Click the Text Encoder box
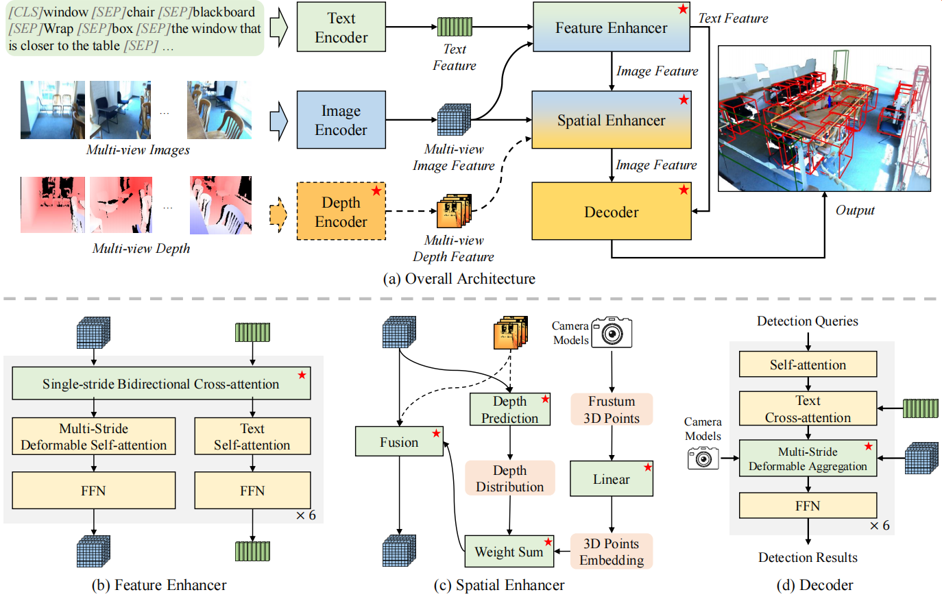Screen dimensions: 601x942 click(341, 27)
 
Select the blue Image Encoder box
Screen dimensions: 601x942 click(341, 120)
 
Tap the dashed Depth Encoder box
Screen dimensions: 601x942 click(341, 212)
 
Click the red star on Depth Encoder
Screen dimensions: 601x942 click(376, 191)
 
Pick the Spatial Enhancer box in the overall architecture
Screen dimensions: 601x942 click(611, 120)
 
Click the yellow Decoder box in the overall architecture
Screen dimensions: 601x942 click(611, 212)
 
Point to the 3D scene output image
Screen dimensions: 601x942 click(824, 119)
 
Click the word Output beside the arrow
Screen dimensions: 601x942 click(854, 210)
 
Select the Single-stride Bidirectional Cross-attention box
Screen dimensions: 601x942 click(161, 384)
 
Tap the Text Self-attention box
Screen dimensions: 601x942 click(252, 437)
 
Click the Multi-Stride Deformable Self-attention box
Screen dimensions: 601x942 click(94, 437)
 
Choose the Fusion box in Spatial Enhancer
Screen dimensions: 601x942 click(399, 442)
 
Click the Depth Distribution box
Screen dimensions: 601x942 click(509, 478)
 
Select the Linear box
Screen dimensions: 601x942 click(611, 479)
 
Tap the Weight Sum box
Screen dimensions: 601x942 click(509, 552)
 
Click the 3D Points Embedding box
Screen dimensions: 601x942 click(611, 552)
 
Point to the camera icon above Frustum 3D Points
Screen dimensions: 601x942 click(612, 332)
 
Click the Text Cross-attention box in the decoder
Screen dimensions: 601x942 click(808, 408)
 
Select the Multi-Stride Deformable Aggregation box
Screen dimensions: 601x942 click(808, 458)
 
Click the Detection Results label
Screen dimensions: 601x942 click(808, 557)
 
